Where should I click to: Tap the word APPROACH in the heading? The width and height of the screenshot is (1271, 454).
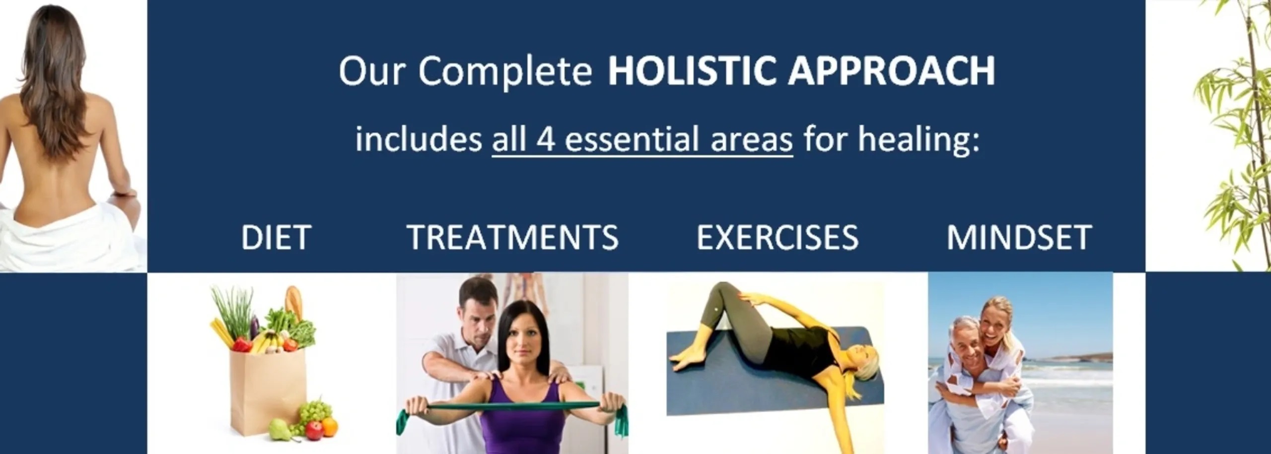(892, 70)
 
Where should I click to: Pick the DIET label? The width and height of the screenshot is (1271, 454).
(276, 237)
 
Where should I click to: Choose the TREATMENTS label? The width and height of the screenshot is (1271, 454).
(513, 237)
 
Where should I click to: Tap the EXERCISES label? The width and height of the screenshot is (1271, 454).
(777, 237)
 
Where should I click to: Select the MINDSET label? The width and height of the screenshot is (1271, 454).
(1019, 237)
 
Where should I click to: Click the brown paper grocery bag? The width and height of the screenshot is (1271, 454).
(267, 392)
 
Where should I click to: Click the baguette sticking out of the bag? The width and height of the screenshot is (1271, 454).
(293, 303)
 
